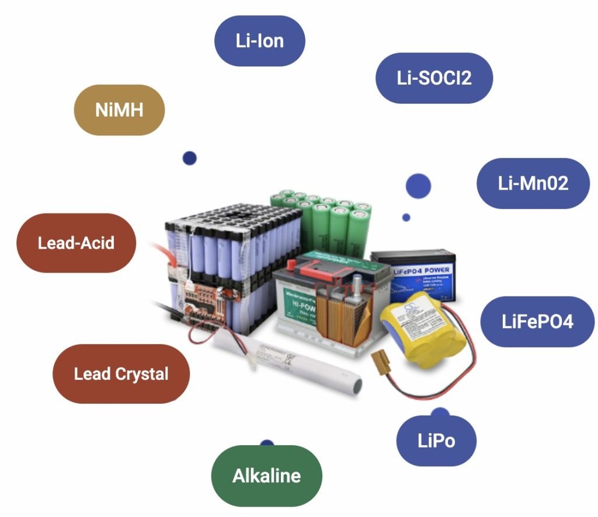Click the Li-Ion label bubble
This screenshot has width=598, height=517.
[x=260, y=41]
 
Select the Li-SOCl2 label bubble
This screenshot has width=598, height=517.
[x=434, y=78]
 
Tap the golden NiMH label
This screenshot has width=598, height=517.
[x=119, y=110]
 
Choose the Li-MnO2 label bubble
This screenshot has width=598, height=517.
[x=533, y=183]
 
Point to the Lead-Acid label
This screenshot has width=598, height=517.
[x=76, y=243]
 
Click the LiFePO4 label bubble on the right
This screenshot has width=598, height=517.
[x=537, y=322]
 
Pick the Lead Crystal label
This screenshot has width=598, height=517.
[x=121, y=373]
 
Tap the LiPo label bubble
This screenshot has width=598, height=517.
[x=436, y=440]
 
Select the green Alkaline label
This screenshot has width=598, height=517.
[x=266, y=476]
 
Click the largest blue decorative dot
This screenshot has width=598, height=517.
[x=418, y=186]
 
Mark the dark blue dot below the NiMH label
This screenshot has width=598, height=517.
[x=189, y=158]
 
